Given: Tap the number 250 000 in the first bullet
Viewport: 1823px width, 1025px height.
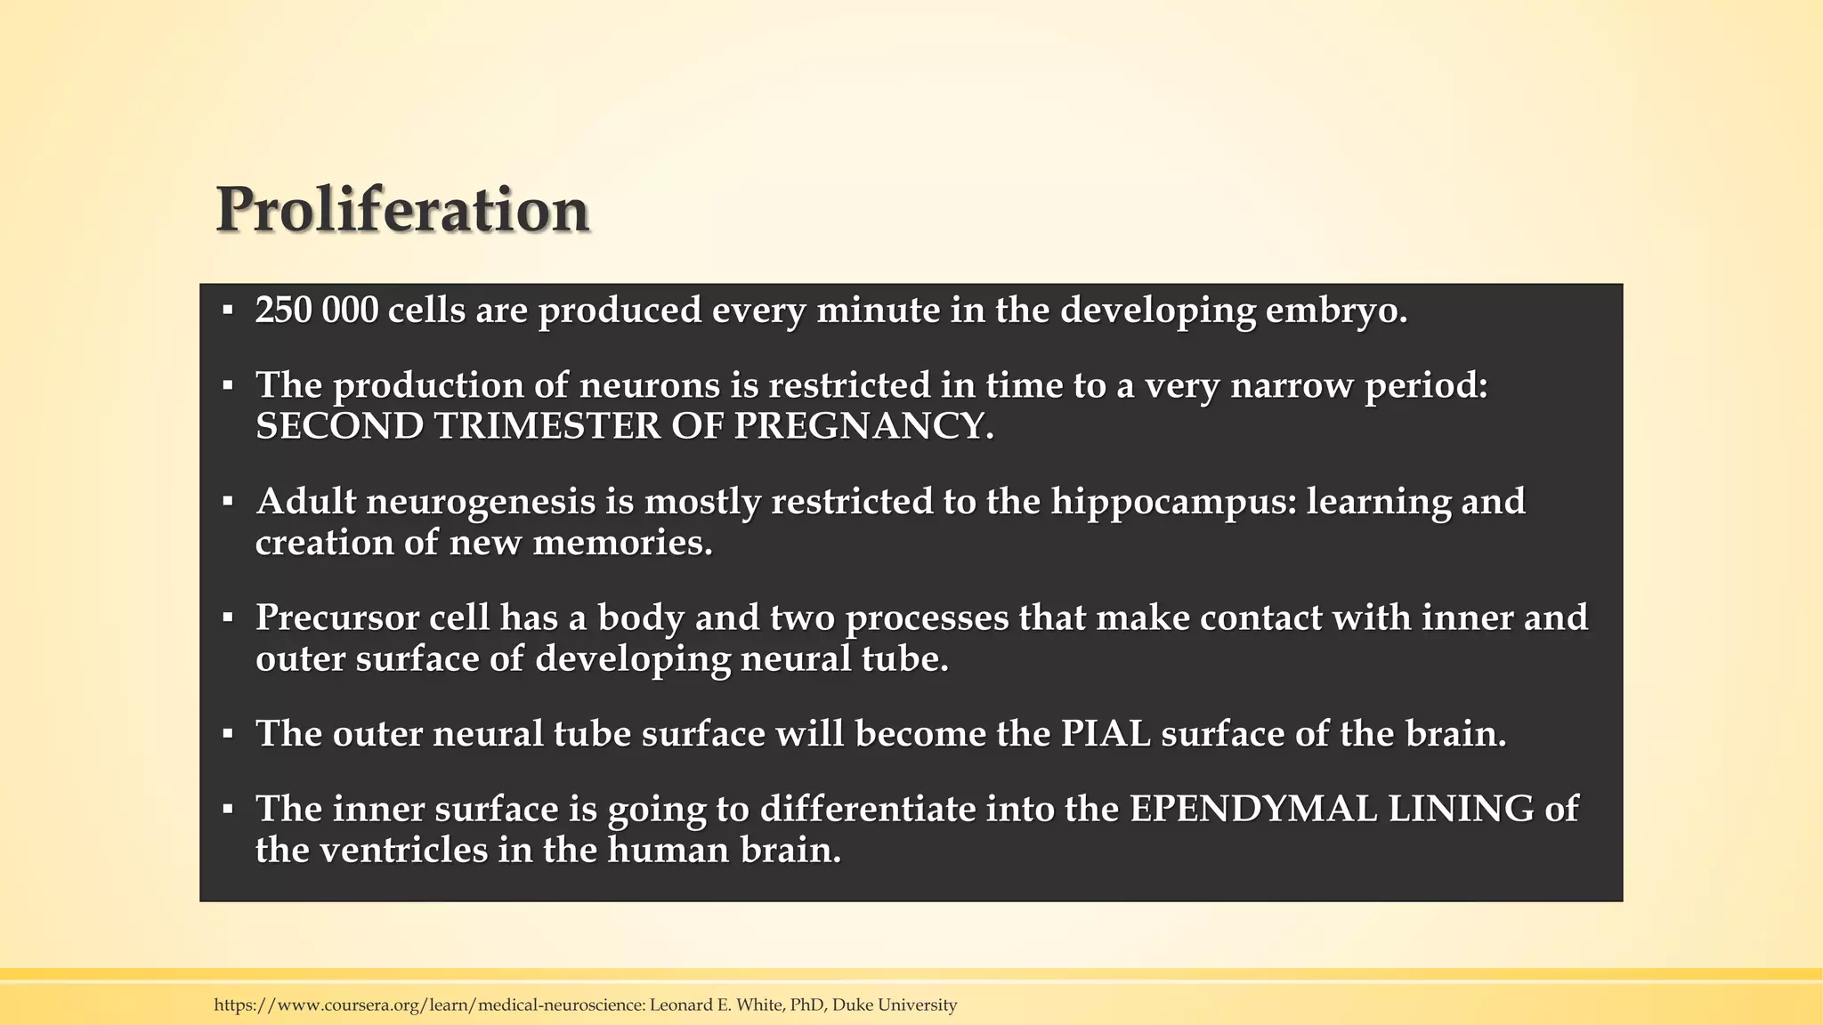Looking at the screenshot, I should (316, 311).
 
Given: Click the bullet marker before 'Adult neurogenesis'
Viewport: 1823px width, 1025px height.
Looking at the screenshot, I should (228, 502).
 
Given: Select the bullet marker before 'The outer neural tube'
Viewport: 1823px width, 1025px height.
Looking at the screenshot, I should (228, 734).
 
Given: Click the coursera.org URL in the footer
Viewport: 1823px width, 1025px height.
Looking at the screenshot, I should (428, 1005).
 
